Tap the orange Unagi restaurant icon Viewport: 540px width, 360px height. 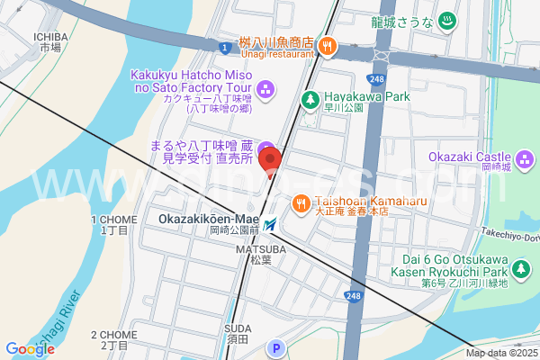328,43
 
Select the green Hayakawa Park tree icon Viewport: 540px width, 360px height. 310,99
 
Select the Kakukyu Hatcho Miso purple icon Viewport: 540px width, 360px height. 265,88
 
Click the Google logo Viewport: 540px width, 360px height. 30,348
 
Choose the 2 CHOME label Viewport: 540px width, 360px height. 114,338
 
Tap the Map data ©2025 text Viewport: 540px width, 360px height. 500,353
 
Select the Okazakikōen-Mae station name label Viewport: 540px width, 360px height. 208,219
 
